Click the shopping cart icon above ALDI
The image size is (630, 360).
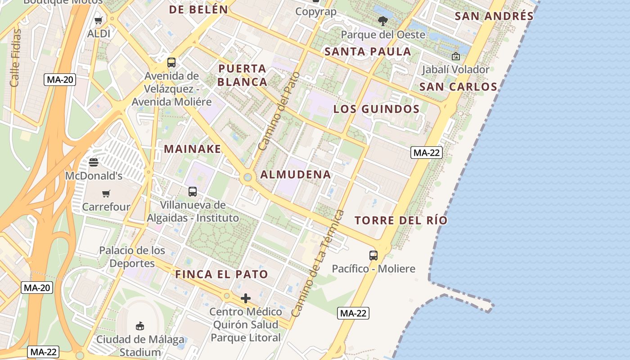coord(99,20)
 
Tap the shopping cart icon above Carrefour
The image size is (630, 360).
coord(106,193)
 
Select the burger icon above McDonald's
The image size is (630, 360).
coord(94,162)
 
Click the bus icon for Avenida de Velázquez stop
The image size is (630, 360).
coord(171,63)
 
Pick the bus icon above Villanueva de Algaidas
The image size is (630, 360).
coord(193,191)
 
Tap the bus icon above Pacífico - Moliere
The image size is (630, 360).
coord(373,255)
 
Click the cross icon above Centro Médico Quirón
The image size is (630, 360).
coord(246,298)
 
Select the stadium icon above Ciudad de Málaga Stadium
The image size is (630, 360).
coord(140,326)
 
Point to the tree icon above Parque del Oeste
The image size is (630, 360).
coord(383,21)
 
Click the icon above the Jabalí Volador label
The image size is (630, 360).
coord(455,56)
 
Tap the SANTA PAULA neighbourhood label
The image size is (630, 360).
coord(368,51)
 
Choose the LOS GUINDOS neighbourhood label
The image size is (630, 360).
coord(376,109)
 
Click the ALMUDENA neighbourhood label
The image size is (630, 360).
coord(296,175)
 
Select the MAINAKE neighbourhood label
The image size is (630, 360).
coord(193,149)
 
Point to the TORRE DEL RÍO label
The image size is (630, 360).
coord(401,220)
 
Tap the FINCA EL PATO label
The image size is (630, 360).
coord(221,274)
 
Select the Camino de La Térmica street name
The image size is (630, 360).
coord(318,263)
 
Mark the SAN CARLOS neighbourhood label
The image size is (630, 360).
coord(458,87)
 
